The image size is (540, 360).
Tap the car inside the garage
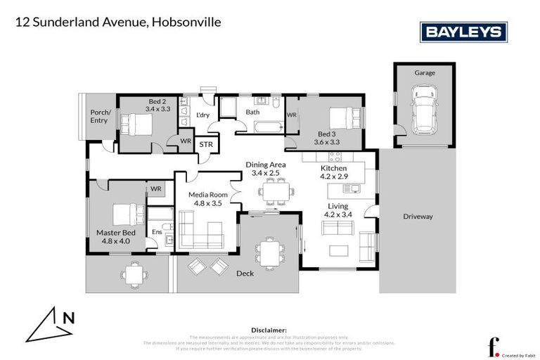[424, 110]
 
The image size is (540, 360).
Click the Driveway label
[418, 217]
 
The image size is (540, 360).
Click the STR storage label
[206, 145]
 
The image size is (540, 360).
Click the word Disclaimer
[269, 330]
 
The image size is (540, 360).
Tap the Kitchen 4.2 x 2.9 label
[334, 173]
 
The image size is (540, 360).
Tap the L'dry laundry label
[204, 115]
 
